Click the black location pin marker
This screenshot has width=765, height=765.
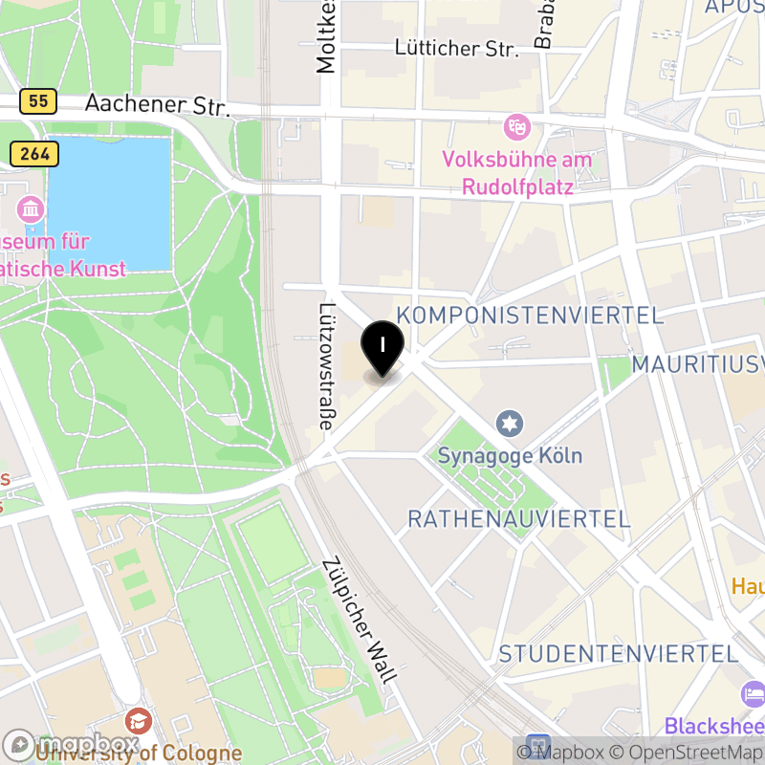[x=382, y=347]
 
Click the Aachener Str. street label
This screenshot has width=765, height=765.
[x=158, y=105]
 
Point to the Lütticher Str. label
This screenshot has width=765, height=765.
[x=457, y=48]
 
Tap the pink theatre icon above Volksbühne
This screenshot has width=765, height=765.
[x=517, y=126]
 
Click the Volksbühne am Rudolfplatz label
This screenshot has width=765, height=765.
[x=517, y=172]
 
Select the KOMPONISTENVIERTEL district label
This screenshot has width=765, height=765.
[x=530, y=316]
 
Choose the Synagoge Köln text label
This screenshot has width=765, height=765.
[x=510, y=455]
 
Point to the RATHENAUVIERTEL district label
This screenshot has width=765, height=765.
[x=519, y=519]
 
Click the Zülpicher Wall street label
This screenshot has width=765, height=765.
[x=360, y=621]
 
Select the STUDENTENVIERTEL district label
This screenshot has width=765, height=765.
[x=619, y=654]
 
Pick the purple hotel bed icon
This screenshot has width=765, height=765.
[x=753, y=692]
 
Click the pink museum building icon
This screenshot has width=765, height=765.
[x=31, y=208]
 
